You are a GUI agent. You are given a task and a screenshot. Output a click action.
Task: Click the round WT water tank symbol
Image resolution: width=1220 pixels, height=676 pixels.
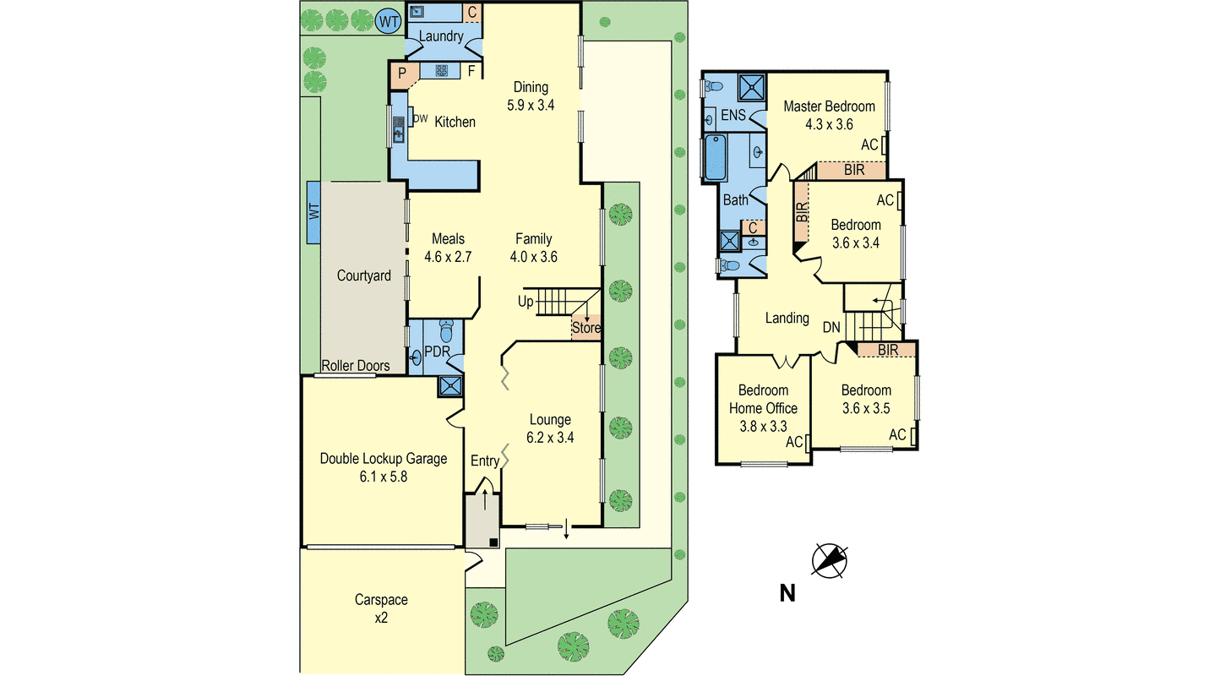coord(388,22)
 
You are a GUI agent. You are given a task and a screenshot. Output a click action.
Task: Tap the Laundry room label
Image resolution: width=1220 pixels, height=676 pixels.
coord(441,36)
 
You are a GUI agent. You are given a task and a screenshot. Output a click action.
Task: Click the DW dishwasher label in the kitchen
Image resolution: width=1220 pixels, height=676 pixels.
coord(420,118)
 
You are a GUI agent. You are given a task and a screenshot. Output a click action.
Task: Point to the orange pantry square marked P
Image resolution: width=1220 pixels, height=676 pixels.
coord(403,74)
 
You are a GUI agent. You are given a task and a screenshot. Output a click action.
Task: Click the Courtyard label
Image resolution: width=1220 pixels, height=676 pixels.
coord(363,275)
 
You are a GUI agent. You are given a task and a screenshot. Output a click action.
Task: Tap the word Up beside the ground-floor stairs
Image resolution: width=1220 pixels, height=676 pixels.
coord(526,302)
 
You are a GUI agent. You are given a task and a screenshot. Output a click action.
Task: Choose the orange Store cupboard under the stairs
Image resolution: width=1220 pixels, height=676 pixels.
coord(585,328)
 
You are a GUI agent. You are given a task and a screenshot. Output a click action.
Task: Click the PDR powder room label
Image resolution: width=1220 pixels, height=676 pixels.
coord(436,352)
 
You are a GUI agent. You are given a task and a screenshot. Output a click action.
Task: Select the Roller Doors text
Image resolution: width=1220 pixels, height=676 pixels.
coord(356,366)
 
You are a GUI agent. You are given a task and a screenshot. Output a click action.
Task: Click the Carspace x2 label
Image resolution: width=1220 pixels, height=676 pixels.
coord(381,608)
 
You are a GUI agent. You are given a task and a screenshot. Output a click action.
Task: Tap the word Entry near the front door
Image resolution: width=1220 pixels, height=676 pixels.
coord(485,461)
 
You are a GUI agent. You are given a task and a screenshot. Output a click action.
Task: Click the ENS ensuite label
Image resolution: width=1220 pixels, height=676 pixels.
coord(733,115)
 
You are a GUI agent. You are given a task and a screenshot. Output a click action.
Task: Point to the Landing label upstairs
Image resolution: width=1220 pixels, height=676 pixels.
coord(787,319)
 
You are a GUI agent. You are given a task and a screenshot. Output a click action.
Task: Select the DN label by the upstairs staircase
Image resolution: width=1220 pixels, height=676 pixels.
coord(831,326)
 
